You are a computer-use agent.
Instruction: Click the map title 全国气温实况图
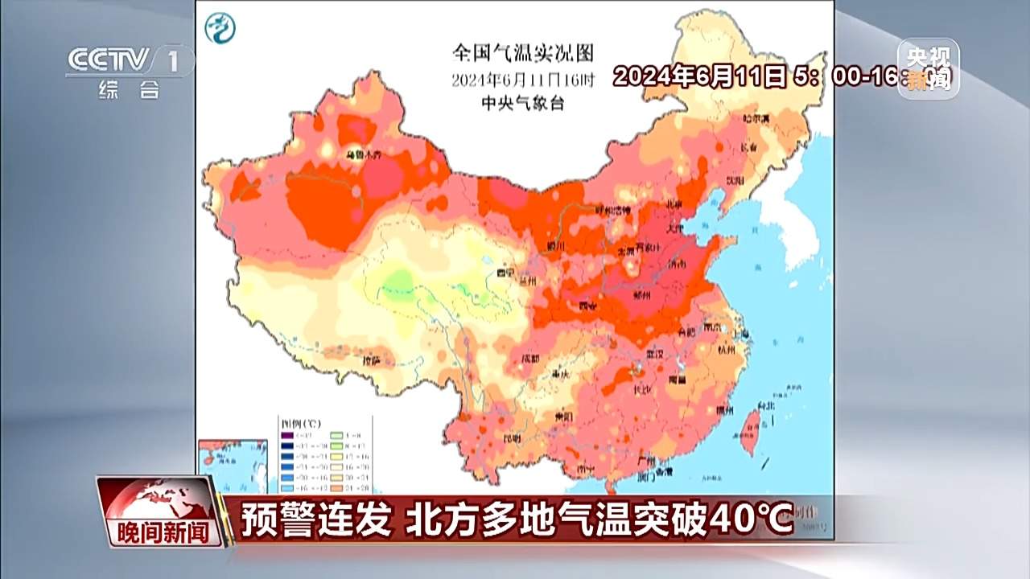[522, 54]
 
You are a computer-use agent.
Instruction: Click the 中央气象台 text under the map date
[522, 103]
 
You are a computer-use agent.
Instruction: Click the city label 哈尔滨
[756, 119]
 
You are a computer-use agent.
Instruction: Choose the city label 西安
[589, 306]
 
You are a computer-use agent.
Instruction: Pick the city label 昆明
[512, 438]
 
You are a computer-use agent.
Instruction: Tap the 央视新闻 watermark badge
[928, 68]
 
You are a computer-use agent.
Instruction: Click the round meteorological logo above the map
[220, 29]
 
